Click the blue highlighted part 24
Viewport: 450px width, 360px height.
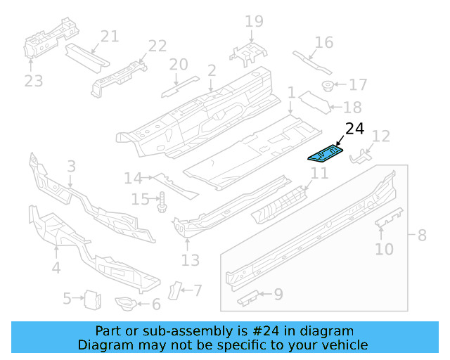325,153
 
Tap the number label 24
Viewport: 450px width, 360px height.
354,129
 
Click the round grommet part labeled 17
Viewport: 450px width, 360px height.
328,86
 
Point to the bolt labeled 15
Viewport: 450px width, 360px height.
161,202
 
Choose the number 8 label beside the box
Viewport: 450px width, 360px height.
422,235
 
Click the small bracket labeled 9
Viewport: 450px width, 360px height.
248,300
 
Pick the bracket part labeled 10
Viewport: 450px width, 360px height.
390,218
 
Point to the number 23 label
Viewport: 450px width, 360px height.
33,81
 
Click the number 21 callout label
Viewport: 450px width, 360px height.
110,37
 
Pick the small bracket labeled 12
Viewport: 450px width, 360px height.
360,155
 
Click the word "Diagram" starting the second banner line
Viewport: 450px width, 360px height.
101,345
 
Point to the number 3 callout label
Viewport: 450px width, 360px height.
71,166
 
